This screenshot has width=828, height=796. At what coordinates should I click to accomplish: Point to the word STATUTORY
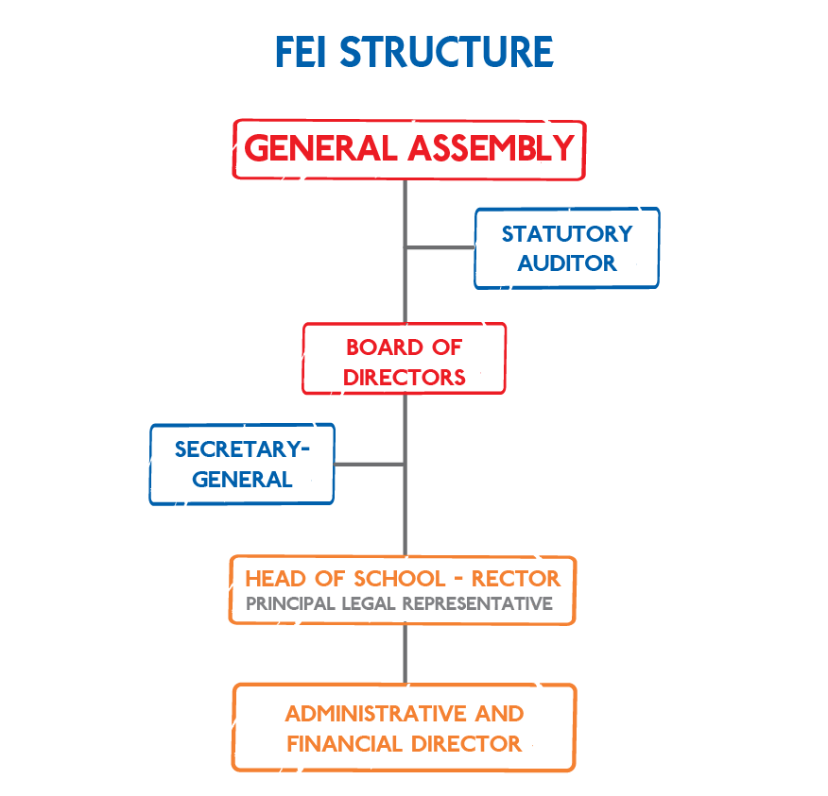coord(567,233)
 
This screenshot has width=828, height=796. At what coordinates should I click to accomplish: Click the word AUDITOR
coord(567,263)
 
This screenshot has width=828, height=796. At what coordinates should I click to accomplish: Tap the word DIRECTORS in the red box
coord(405,378)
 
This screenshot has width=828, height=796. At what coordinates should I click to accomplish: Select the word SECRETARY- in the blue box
coord(242,449)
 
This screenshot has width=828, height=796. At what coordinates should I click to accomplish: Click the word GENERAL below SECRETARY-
coord(242,480)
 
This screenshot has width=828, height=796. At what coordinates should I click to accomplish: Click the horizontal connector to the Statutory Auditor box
coord(440,247)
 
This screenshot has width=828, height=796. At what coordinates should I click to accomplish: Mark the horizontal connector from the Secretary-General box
coord(370,465)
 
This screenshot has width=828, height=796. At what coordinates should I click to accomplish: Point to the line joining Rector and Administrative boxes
coord(405,653)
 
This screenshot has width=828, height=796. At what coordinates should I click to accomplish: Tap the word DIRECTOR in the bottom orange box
coord(461,744)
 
